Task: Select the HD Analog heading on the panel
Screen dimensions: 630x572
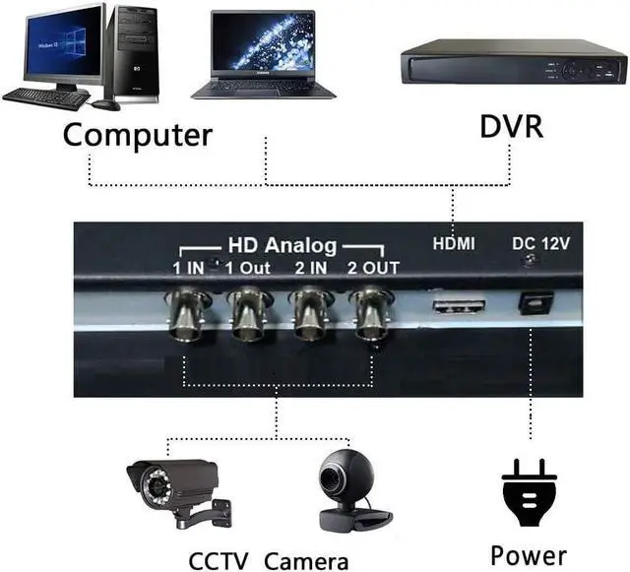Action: point(282,245)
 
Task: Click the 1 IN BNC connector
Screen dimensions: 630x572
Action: point(189,312)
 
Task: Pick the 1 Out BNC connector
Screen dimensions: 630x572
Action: point(249,313)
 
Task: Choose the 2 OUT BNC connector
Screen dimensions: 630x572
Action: point(370,312)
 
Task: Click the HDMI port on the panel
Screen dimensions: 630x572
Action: point(459,305)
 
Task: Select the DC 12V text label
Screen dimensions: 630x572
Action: point(538,242)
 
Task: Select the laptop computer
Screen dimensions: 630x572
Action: point(263,56)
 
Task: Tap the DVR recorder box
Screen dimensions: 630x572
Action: point(512,66)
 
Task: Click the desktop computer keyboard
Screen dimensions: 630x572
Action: point(45,96)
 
